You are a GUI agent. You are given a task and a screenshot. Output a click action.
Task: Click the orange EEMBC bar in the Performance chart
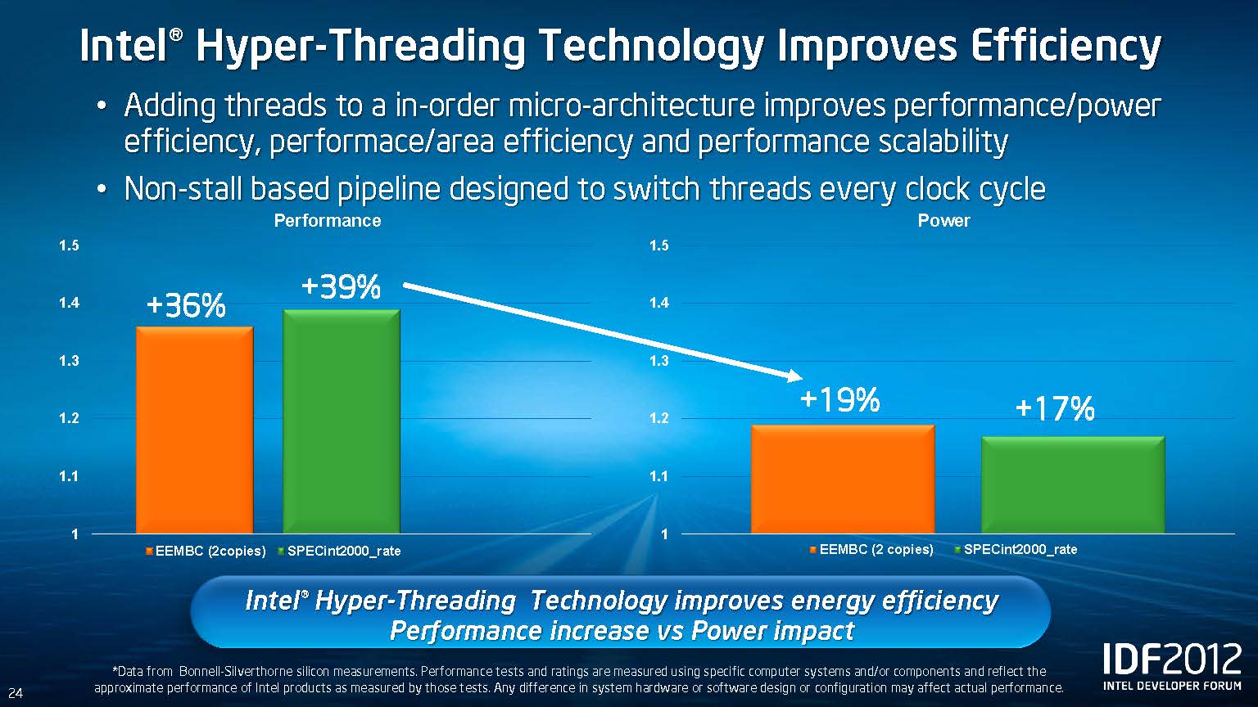[194, 430]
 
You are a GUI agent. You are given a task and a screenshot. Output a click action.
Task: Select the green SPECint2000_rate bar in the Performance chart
[341, 421]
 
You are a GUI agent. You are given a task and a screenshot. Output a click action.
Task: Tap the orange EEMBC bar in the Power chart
[842, 479]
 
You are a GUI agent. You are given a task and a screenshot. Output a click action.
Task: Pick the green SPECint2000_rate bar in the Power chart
[1072, 484]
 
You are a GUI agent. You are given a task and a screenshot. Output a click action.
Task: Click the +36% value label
[186, 306]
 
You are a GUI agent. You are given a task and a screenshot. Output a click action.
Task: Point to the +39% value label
[341, 287]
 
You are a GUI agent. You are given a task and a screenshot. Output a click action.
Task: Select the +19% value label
[839, 400]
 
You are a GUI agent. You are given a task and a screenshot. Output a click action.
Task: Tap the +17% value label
[1054, 408]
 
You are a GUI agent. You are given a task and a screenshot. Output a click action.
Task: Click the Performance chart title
[327, 221]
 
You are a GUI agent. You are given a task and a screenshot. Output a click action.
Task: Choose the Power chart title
[943, 221]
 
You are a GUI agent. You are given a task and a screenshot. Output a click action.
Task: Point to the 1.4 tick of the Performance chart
[69, 304]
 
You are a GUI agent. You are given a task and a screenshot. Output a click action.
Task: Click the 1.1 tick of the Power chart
[658, 476]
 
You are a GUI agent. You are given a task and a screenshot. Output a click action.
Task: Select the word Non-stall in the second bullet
[183, 190]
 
